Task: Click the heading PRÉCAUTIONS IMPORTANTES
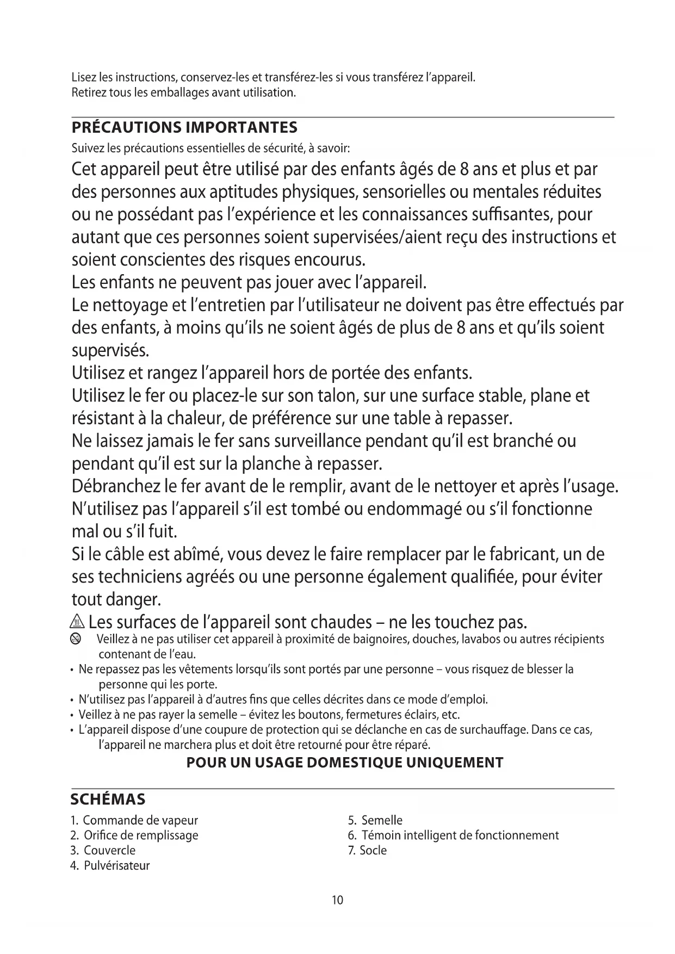point(184,128)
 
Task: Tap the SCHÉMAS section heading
point(108,800)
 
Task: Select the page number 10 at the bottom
point(337,900)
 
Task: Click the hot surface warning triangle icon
point(78,622)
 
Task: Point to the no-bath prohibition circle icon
point(76,640)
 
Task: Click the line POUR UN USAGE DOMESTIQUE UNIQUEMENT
point(345,763)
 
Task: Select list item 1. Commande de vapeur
point(134,820)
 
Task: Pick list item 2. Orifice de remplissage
point(134,835)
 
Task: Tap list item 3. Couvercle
point(103,851)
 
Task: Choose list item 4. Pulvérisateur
point(110,866)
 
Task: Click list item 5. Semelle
point(375,820)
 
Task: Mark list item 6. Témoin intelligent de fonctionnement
point(453,835)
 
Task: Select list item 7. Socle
point(368,851)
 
